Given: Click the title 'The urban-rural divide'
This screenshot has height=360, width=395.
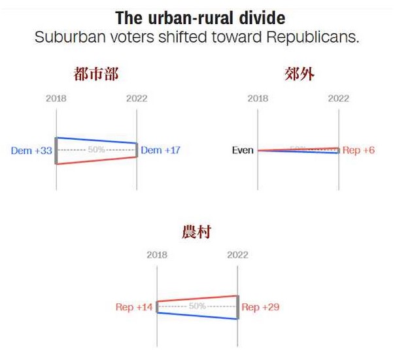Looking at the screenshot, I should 199,17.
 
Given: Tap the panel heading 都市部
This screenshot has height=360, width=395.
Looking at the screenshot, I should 96,74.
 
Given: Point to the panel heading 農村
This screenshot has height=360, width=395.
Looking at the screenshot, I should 196,231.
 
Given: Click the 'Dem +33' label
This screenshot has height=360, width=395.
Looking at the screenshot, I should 31,150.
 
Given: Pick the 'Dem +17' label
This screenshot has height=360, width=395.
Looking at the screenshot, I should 161,150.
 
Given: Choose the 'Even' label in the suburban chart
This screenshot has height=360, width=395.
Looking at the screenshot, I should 243,150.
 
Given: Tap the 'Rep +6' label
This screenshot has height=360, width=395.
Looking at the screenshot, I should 359,150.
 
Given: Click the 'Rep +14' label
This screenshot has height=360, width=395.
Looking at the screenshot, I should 133,306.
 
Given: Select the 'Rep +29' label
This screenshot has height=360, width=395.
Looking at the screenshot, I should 261,306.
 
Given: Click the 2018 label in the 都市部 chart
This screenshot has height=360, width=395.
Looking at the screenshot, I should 56,99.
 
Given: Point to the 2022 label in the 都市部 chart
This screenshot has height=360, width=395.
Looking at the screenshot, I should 137,99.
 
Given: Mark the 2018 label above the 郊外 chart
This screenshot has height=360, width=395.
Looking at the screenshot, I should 258,99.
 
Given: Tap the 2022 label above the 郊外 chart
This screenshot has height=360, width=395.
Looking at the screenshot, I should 338,99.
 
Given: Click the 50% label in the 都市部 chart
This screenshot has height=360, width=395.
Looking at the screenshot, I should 96,150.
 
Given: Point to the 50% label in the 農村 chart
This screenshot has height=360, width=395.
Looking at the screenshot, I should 197,306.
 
